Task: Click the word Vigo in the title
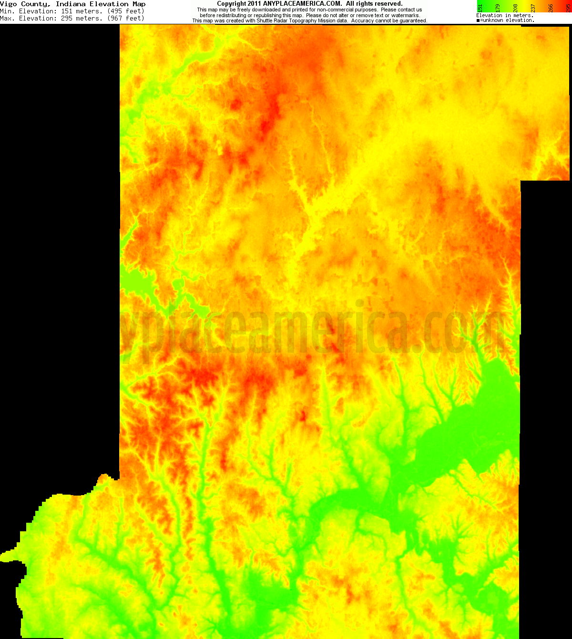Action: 9,4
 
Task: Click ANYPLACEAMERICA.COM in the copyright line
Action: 302,4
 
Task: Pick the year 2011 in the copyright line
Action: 254,4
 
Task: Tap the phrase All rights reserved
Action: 374,4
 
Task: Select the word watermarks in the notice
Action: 405,15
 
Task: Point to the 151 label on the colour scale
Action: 480,8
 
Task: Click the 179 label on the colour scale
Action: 498,8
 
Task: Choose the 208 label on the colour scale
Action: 515,8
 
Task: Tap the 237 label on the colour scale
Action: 533,8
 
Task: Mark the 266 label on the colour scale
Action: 551,8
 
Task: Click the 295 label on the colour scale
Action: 568,8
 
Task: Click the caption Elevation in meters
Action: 504,15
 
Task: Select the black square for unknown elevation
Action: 478,20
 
